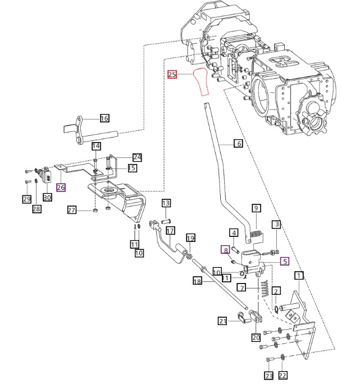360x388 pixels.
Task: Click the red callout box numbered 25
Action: pos(172,74)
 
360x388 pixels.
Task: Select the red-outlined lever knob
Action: pos(201,82)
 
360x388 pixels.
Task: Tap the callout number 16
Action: pos(104,118)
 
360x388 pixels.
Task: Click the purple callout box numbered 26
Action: pos(61,188)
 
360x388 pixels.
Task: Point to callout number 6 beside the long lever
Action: pos(238,143)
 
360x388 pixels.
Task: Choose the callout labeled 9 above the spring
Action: pos(256,208)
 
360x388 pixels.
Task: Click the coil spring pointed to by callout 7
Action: pos(265,288)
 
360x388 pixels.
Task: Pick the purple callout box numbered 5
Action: pos(285,261)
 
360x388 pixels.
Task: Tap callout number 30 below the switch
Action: pos(47,197)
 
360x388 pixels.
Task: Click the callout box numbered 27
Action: pos(71,210)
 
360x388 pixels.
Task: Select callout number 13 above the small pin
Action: pos(166,203)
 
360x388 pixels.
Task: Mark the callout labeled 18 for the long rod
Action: pos(197,281)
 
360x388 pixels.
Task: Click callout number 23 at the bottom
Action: pos(268,376)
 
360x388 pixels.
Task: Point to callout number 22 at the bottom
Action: pos(282,376)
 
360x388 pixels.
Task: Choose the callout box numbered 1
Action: pos(299,275)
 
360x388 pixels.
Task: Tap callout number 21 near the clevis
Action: pos(222,321)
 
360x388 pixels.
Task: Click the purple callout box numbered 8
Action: pos(225,250)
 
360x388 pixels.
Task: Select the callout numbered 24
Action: pos(138,157)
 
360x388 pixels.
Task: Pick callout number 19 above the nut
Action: pos(190,238)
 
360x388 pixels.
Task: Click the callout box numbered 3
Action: pos(277,225)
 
